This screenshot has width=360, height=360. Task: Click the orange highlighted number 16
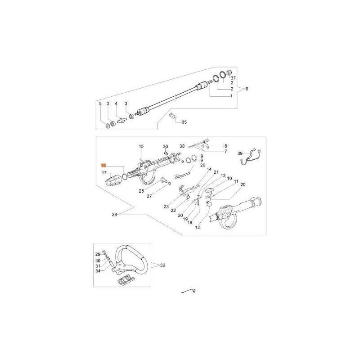(104, 166)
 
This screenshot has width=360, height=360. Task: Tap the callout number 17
(104, 173)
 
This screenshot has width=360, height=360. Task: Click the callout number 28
(114, 215)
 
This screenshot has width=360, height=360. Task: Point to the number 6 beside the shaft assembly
(246, 89)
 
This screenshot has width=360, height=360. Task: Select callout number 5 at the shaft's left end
(100, 104)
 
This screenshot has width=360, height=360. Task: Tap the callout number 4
(116, 104)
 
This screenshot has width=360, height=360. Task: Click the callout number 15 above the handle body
(141, 147)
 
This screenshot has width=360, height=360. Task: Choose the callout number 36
(165, 147)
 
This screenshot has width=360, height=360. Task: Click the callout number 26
(202, 165)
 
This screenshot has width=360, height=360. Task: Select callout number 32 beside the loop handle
(163, 265)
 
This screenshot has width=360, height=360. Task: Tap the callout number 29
(98, 254)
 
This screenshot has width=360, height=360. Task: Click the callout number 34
(98, 271)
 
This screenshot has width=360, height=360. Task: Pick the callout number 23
(166, 207)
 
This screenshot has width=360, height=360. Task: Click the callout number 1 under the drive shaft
(231, 96)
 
